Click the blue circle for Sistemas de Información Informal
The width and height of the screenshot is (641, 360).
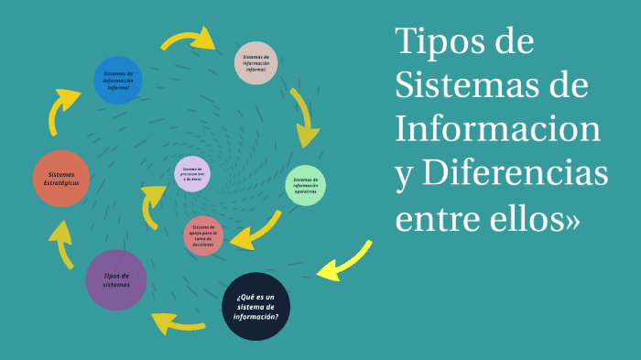tap(118, 81)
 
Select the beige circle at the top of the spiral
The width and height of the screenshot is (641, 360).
tap(255, 63)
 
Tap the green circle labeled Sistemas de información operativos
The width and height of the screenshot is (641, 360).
tap(305, 186)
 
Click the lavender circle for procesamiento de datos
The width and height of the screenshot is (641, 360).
tap(192, 174)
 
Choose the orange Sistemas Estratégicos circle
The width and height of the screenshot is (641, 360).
tap(63, 178)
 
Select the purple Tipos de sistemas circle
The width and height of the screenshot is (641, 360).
tap(116, 279)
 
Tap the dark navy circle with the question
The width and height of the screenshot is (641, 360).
tap(256, 306)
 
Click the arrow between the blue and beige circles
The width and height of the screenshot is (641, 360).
tap(189, 38)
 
